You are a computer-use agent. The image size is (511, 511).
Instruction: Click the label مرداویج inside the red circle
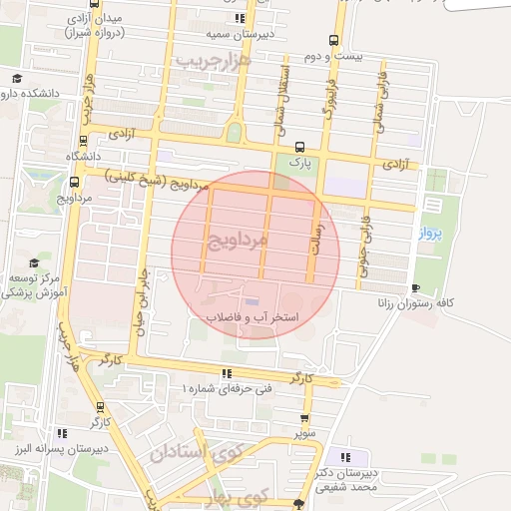[x=237, y=241]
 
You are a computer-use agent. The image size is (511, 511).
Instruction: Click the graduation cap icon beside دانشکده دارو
[x=17, y=78]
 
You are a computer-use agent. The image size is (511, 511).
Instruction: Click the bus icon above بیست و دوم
[x=331, y=41]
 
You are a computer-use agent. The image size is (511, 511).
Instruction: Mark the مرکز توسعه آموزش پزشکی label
[x=34, y=284]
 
